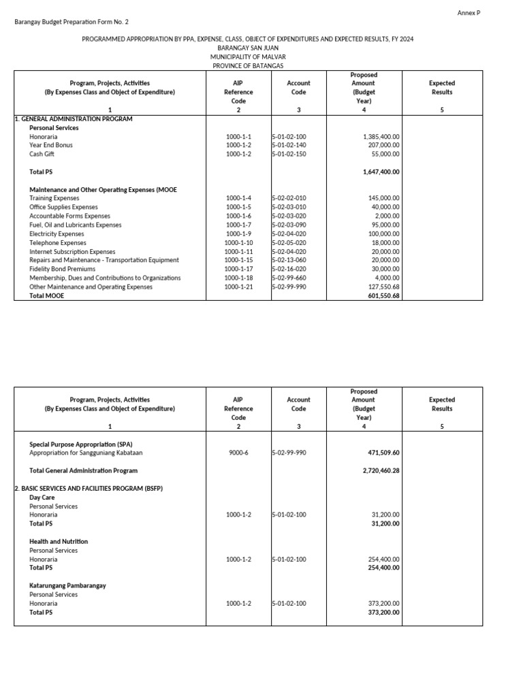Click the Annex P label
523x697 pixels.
click(x=469, y=13)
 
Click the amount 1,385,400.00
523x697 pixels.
click(x=382, y=137)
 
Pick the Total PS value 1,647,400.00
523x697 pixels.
click(x=381, y=172)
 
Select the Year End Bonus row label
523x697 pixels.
click(x=51, y=146)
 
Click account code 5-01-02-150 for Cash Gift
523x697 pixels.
click(x=289, y=155)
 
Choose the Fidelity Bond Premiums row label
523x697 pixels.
click(x=66, y=270)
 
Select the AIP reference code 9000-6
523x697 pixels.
click(x=238, y=453)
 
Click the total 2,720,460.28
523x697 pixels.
click(x=381, y=470)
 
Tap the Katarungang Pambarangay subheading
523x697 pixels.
click(x=67, y=585)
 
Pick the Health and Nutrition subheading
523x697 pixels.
click(x=59, y=542)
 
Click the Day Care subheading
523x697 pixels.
click(x=42, y=498)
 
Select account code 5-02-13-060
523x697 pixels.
click(x=289, y=261)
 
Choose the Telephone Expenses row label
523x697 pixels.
click(x=58, y=243)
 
